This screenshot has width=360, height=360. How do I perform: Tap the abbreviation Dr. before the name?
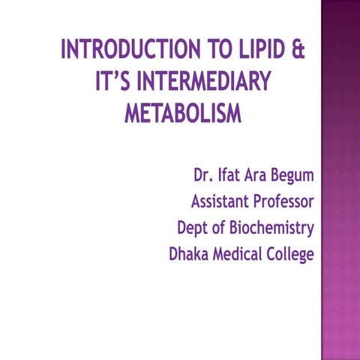pos(204,177)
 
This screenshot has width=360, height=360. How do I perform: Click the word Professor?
pos(286,202)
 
